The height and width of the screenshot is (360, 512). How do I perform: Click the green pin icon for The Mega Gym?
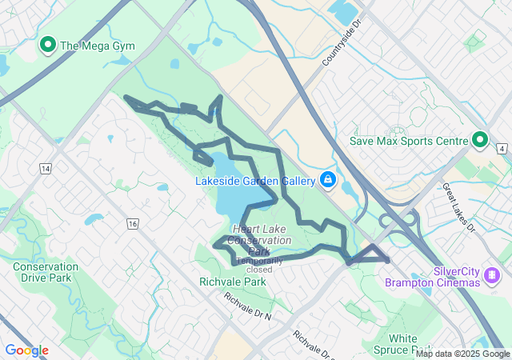(47, 45)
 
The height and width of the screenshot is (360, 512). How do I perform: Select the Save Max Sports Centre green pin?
(480, 141)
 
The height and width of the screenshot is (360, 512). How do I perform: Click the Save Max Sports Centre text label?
(408, 142)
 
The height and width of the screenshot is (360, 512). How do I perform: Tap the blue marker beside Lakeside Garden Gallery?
(327, 180)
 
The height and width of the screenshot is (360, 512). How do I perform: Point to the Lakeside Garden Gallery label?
(256, 181)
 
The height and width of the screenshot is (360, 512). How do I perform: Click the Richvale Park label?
(232, 282)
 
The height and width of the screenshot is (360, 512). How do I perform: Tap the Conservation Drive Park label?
(46, 272)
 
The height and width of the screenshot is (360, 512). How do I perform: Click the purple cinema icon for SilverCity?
(491, 277)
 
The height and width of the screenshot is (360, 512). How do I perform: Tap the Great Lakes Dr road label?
(459, 206)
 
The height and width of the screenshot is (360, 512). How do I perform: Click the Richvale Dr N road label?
(247, 306)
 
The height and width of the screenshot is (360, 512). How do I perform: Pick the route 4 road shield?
(501, 149)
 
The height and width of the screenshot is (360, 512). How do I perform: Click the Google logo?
(26, 350)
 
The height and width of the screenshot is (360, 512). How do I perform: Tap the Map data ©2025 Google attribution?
(462, 354)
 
